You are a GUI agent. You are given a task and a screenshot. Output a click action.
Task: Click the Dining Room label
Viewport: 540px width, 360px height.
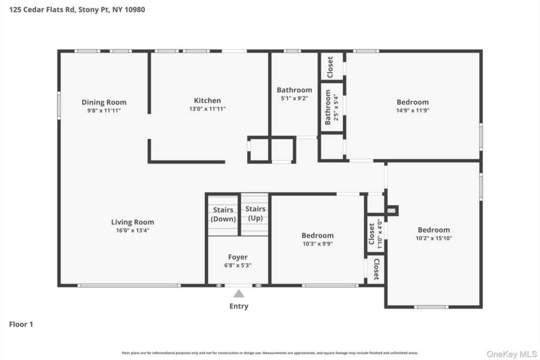coord(104,102)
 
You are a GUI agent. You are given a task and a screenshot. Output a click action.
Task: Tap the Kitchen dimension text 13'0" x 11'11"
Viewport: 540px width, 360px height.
coord(207,109)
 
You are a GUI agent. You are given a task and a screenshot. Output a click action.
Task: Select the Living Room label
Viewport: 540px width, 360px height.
coord(132,222)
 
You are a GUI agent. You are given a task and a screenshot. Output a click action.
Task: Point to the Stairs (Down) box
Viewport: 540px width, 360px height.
coord(223,215)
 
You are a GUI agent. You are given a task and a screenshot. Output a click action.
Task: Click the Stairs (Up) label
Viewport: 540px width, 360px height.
coord(255,213)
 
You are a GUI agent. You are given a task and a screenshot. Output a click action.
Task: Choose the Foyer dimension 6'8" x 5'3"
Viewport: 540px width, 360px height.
coord(237,265)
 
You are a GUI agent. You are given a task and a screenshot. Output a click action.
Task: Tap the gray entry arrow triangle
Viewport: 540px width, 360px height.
coord(239,294)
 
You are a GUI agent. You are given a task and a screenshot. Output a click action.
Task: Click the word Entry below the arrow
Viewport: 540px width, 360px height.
coord(238,306)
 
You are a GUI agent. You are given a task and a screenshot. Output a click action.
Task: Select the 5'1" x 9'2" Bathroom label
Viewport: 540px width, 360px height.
coord(294,90)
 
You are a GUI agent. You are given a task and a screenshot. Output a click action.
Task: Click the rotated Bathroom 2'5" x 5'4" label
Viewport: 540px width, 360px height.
coord(331,107)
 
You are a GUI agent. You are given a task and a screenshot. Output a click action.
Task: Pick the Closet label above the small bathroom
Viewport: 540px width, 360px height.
coord(330,67)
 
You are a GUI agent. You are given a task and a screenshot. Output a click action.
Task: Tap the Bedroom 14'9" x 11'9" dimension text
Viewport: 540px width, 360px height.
coord(412,111)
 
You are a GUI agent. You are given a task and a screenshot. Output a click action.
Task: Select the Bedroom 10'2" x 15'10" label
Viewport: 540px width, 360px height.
coord(433,230)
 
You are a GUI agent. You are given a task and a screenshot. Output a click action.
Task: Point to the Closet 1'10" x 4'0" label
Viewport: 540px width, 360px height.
coord(375,233)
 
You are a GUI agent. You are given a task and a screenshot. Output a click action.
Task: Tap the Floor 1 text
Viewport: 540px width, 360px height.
coord(21,325)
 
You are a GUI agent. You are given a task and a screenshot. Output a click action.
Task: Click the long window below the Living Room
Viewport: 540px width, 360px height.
coord(129,286)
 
